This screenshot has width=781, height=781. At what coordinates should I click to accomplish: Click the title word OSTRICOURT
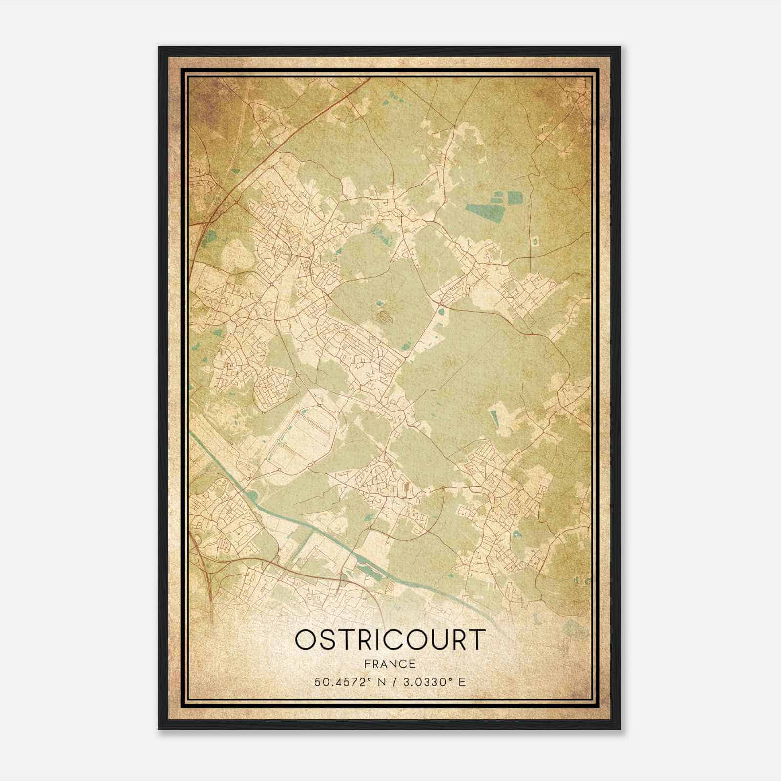tap(390, 640)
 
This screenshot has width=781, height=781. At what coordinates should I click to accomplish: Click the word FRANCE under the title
tap(390, 664)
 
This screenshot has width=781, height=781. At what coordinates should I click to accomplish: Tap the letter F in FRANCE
tap(368, 664)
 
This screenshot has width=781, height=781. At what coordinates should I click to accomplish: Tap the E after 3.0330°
tap(461, 681)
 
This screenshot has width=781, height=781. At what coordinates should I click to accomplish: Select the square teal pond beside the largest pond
tap(514, 197)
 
